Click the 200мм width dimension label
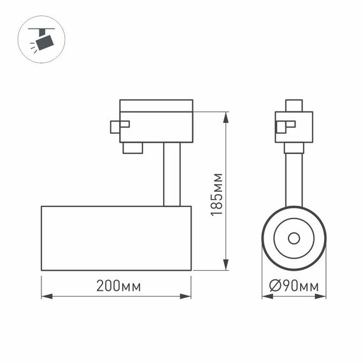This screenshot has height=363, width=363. [x=118, y=286]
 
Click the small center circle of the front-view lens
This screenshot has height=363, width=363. [x=294, y=238]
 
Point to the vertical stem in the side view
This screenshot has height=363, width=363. [x=172, y=174]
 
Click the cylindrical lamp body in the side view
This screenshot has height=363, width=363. [x=116, y=238]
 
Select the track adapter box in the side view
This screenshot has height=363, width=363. [x=156, y=121]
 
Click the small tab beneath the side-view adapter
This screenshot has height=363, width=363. [x=132, y=148]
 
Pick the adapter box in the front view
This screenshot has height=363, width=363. [x=294, y=127]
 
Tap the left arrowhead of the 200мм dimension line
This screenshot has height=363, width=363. [x=45, y=295]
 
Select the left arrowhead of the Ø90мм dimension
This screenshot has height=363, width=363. [x=265, y=295]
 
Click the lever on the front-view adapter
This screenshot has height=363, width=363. [x=283, y=125]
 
